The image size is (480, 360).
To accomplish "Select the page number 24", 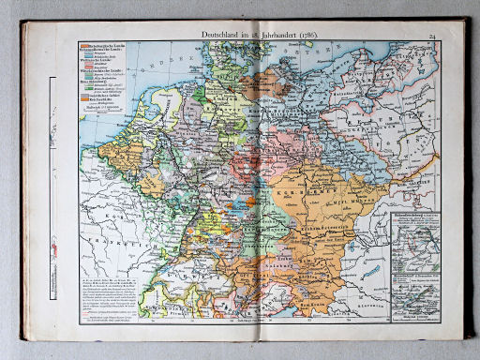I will click(x=433, y=36).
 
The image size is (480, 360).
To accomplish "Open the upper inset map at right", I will click(x=413, y=239).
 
